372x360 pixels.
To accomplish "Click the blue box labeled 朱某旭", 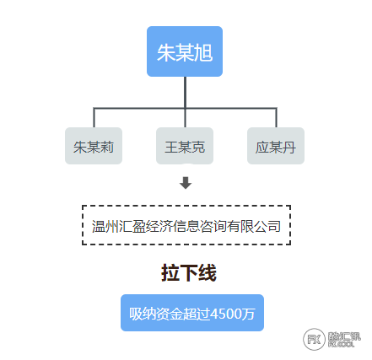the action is pyautogui.click(x=185, y=51).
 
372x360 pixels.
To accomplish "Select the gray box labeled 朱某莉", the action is pyautogui.click(x=94, y=146).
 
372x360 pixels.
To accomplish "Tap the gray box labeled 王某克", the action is pyautogui.click(x=185, y=146).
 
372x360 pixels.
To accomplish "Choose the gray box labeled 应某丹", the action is pyautogui.click(x=276, y=146).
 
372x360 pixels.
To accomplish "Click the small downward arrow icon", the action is pyautogui.click(x=186, y=183).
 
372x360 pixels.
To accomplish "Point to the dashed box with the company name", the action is pyautogui.click(x=186, y=225).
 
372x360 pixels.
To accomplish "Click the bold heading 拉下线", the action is pyautogui.click(x=189, y=273).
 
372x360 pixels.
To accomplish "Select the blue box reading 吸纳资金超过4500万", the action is pyautogui.click(x=192, y=313).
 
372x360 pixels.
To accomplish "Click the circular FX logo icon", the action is pyautogui.click(x=314, y=339).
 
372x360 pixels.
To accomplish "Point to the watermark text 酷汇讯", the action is pyautogui.click(x=344, y=336).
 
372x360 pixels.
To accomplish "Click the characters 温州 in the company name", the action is pyautogui.click(x=105, y=226).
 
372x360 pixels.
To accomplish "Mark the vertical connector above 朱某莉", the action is pyautogui.click(x=94, y=118).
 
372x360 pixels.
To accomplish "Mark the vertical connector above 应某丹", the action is pyautogui.click(x=276, y=118).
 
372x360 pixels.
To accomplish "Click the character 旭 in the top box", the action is pyautogui.click(x=203, y=52).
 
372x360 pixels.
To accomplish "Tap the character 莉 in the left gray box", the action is pyautogui.click(x=107, y=148).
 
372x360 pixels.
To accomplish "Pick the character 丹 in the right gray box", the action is pyautogui.click(x=289, y=148).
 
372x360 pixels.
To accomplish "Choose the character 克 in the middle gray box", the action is pyautogui.click(x=198, y=148).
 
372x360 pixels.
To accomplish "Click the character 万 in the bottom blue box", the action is pyautogui.click(x=249, y=314).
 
